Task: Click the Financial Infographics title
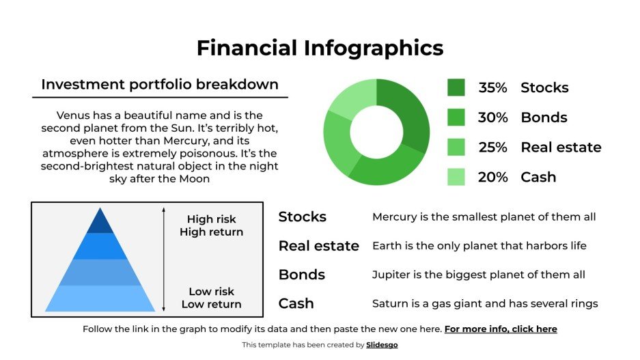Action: click(320, 48)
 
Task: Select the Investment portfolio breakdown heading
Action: click(160, 85)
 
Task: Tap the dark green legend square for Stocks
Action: click(456, 87)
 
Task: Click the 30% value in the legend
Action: click(492, 117)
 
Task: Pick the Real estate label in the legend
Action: click(561, 148)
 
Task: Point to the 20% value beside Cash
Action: click(492, 178)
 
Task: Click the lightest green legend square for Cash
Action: click(456, 177)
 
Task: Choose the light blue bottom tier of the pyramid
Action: click(100, 299)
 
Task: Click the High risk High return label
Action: click(211, 225)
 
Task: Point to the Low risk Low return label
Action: click(211, 298)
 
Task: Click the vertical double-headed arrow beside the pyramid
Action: click(163, 260)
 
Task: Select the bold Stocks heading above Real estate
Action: click(302, 217)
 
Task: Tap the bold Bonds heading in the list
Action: click(301, 275)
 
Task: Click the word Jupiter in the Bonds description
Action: click(390, 275)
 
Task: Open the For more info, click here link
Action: click(500, 329)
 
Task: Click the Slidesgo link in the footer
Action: click(382, 345)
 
